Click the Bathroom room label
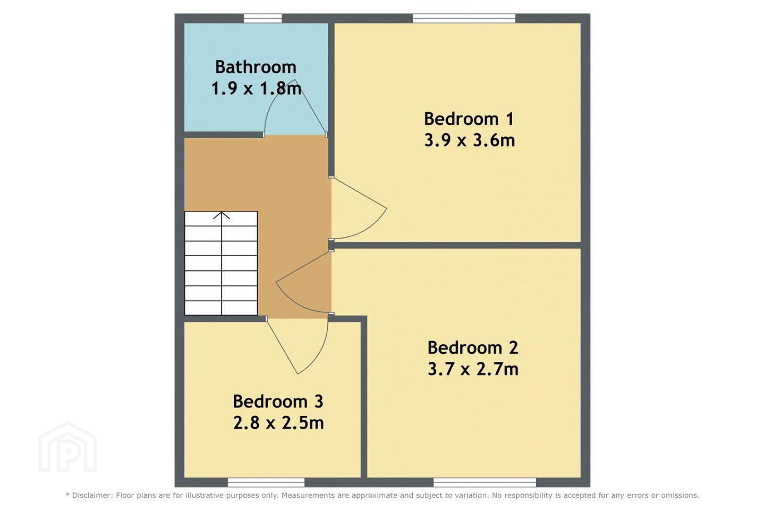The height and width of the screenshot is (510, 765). (x=256, y=67)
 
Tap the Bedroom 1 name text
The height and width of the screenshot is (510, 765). (x=469, y=119)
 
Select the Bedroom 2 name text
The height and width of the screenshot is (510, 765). (x=473, y=348)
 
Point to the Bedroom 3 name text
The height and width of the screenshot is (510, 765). (x=278, y=402)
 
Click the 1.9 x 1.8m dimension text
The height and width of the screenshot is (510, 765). (x=256, y=89)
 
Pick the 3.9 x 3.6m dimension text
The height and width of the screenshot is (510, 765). (x=469, y=140)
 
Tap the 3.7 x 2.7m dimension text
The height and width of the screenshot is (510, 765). (x=473, y=369)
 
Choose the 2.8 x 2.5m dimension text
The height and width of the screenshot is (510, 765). (x=278, y=423)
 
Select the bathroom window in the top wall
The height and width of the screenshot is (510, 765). (x=263, y=19)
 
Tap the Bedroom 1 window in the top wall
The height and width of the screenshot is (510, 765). (x=464, y=19)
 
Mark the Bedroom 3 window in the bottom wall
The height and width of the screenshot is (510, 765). (x=266, y=482)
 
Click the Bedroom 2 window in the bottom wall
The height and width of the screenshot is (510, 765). (x=484, y=482)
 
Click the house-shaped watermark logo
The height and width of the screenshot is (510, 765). (x=67, y=447)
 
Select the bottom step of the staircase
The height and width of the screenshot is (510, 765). (x=221, y=308)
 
